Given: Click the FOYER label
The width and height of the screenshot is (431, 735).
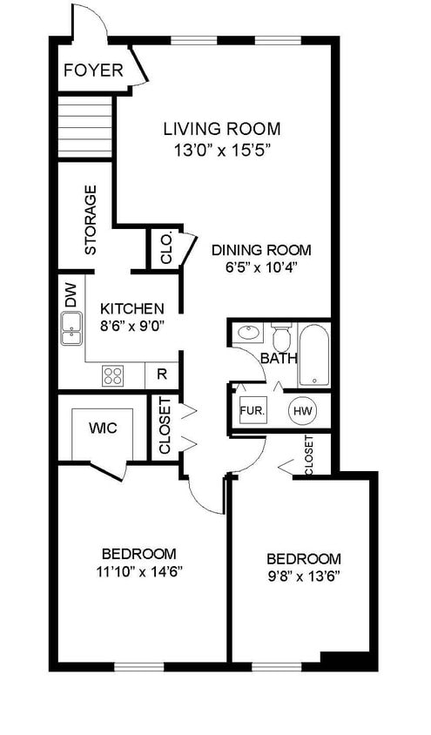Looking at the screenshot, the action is (x=93, y=71).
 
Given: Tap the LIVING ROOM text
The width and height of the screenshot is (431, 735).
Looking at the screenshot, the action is (x=222, y=128).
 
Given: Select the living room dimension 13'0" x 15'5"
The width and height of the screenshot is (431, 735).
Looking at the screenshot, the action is (x=223, y=151).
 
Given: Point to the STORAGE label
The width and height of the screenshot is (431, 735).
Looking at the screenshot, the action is (x=90, y=219).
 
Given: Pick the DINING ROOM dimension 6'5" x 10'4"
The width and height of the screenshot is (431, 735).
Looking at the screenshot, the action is (x=262, y=267).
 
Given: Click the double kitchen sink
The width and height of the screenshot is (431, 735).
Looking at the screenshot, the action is (x=71, y=328).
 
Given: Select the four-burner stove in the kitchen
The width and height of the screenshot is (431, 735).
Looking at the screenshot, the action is (x=113, y=375).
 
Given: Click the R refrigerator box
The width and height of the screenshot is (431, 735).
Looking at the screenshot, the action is (x=162, y=375).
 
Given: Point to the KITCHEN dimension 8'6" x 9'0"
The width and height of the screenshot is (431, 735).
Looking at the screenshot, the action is (x=132, y=325).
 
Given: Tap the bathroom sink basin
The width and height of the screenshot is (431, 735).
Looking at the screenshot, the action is (x=249, y=334).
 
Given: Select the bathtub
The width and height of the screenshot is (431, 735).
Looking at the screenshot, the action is (x=314, y=354).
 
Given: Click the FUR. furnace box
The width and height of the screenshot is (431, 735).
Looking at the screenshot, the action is (x=253, y=411).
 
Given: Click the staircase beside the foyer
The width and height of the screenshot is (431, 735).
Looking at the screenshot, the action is (x=84, y=126).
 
